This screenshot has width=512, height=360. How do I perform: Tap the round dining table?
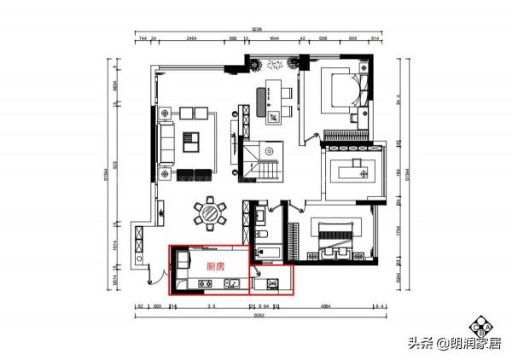coord(209,214)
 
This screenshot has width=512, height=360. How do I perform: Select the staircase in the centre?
coord(259,160)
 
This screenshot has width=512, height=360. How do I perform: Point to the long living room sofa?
coord(166,140)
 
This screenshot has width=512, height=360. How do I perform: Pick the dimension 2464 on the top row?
coord(191,38)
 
